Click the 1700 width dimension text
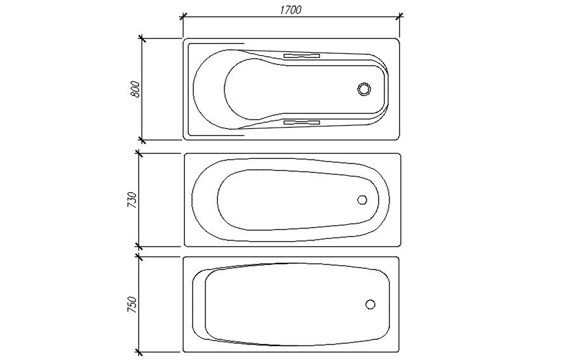coord(289,10)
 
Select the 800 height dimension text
coord(134,89)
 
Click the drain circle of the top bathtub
coord(364,89)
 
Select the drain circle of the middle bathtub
coord(362,199)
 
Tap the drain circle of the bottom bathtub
coord(370,304)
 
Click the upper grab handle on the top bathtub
coord(302,56)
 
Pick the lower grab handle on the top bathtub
coord(302,122)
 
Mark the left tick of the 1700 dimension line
coord(183,17)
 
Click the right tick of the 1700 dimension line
coord(399,17)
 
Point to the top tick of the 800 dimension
coord(143,39)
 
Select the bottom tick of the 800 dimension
coord(143,140)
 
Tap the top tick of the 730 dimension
coord(140,153)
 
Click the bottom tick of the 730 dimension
coord(140,246)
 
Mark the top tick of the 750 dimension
coord(140,257)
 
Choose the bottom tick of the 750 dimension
coord(140,352)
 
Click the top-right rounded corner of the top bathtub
coord(397,41)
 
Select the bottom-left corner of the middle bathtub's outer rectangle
coord(185,244)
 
